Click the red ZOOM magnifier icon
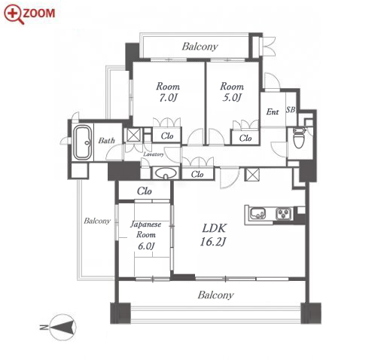(14, 14)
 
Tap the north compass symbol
(62, 328)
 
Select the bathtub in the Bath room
(83, 142)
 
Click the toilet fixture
(299, 138)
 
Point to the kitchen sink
(258, 214)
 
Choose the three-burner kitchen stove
(284, 214)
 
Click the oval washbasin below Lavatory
(166, 173)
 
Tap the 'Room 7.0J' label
(168, 92)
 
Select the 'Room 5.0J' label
(232, 92)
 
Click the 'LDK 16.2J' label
(214, 235)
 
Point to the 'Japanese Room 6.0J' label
(146, 235)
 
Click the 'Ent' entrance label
(273, 111)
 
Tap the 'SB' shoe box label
(291, 110)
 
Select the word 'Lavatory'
(154, 154)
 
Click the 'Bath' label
(107, 140)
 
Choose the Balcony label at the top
(200, 47)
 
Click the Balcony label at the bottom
(215, 294)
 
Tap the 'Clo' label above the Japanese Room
(145, 191)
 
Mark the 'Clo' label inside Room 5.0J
(245, 138)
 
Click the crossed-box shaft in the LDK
(252, 175)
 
